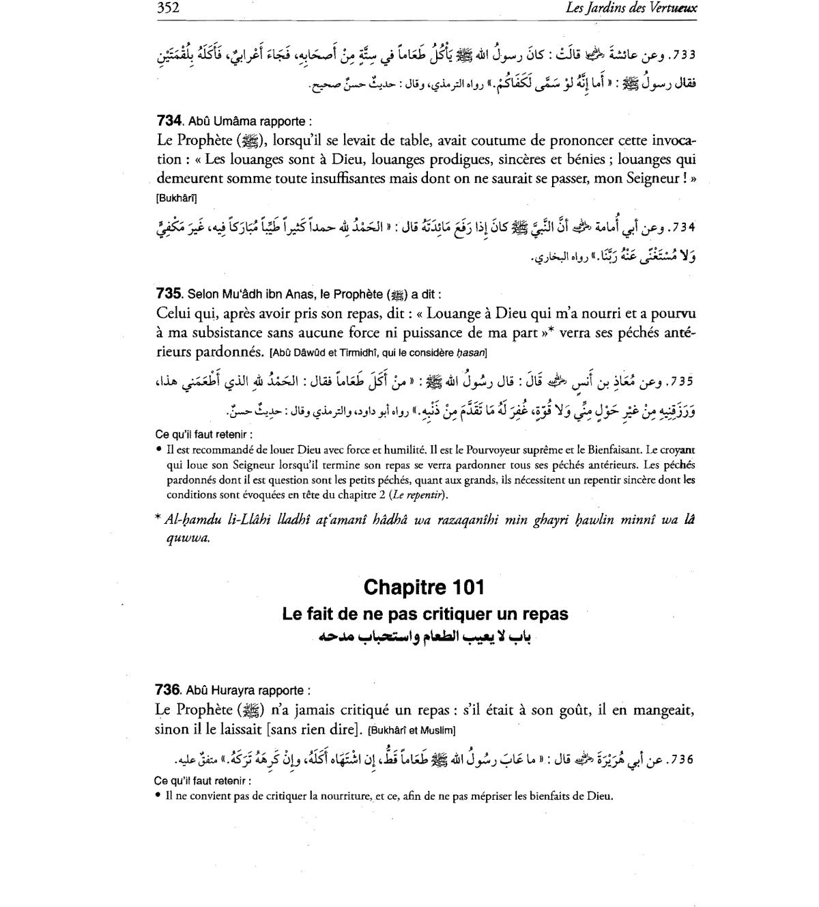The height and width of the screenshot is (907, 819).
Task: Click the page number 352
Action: click(x=167, y=9)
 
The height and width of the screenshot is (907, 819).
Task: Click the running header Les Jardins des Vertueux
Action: click(x=631, y=9)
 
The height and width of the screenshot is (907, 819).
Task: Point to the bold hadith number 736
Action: click(x=169, y=690)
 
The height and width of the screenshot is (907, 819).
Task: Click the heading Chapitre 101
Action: click(x=424, y=587)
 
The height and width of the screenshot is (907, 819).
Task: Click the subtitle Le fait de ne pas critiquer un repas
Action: click(x=425, y=614)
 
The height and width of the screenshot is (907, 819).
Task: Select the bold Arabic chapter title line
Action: click(x=425, y=637)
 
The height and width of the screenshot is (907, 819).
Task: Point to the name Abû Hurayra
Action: click(x=214, y=691)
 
